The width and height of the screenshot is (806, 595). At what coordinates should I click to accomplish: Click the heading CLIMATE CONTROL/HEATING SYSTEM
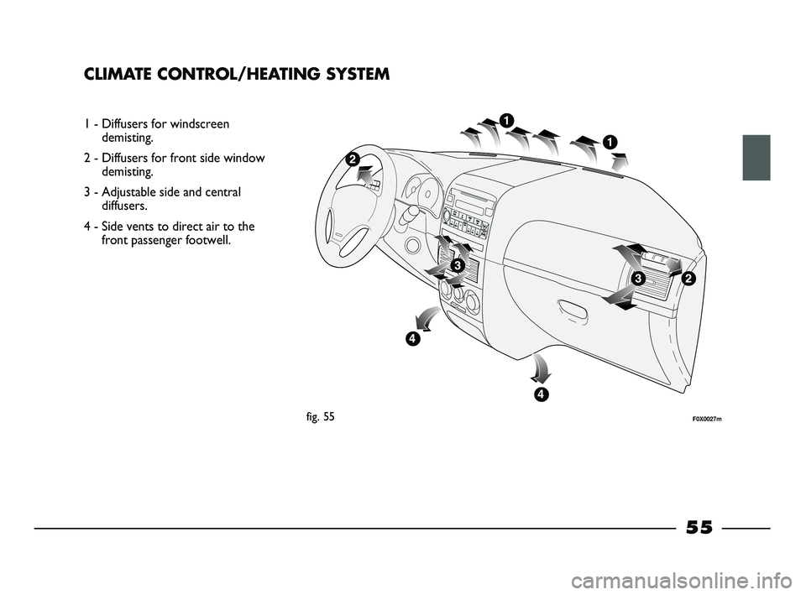coord(237,74)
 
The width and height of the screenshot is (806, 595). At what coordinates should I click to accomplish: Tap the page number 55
coord(699,527)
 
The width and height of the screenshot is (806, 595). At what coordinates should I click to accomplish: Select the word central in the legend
coord(221,191)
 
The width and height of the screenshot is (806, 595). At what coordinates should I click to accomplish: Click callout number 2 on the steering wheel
coord(351,159)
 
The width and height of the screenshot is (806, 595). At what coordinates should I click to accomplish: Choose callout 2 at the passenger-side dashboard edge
coord(689,278)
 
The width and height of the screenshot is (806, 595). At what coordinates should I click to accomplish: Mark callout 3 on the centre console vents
coord(458,265)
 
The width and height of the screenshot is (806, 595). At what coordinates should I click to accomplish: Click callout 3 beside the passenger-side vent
coord(638,278)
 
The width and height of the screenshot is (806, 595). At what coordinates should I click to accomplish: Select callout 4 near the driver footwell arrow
coord(412,339)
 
